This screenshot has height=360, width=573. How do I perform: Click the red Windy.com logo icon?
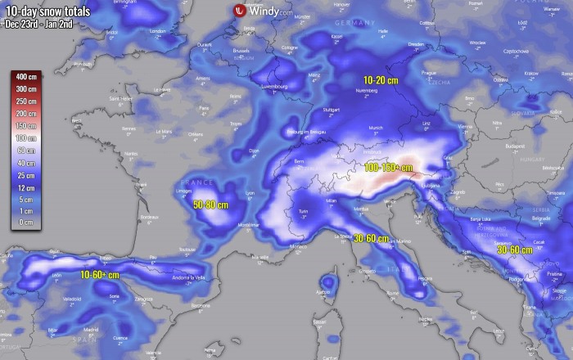click(239, 11)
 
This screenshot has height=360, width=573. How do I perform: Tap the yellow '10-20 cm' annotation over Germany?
click(381, 79)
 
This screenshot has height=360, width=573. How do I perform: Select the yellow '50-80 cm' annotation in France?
click(210, 204)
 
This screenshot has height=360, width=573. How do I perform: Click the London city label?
click(158, 32)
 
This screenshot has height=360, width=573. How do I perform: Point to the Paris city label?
click(205, 108)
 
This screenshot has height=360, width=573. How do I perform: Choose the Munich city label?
click(376, 128)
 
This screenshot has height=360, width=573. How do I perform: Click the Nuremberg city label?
click(367, 92)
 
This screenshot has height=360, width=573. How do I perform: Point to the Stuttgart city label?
click(332, 108)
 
